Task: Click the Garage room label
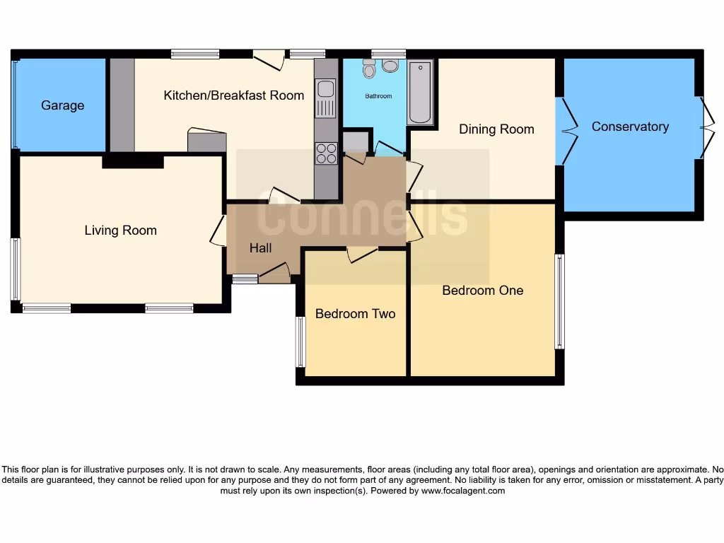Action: coord(62,105)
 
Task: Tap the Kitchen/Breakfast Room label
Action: coord(233,95)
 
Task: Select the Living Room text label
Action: coord(120,230)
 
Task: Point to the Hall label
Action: coord(260,247)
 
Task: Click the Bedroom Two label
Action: coord(355,313)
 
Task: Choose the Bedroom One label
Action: coord(482,290)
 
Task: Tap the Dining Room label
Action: coord(496,129)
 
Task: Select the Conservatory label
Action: coord(630,127)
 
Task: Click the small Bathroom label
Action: coord(378,96)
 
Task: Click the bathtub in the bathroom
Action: coord(420,93)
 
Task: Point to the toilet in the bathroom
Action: coord(369,68)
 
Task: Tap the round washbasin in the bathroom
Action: coord(390,66)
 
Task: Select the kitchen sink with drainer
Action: coord(326,98)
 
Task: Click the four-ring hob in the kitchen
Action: coord(326,153)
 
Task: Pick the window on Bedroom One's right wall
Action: coord(559,302)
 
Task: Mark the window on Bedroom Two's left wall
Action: coord(300,342)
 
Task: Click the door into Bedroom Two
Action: coord(362,255)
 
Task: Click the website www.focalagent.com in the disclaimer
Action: coord(463,491)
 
